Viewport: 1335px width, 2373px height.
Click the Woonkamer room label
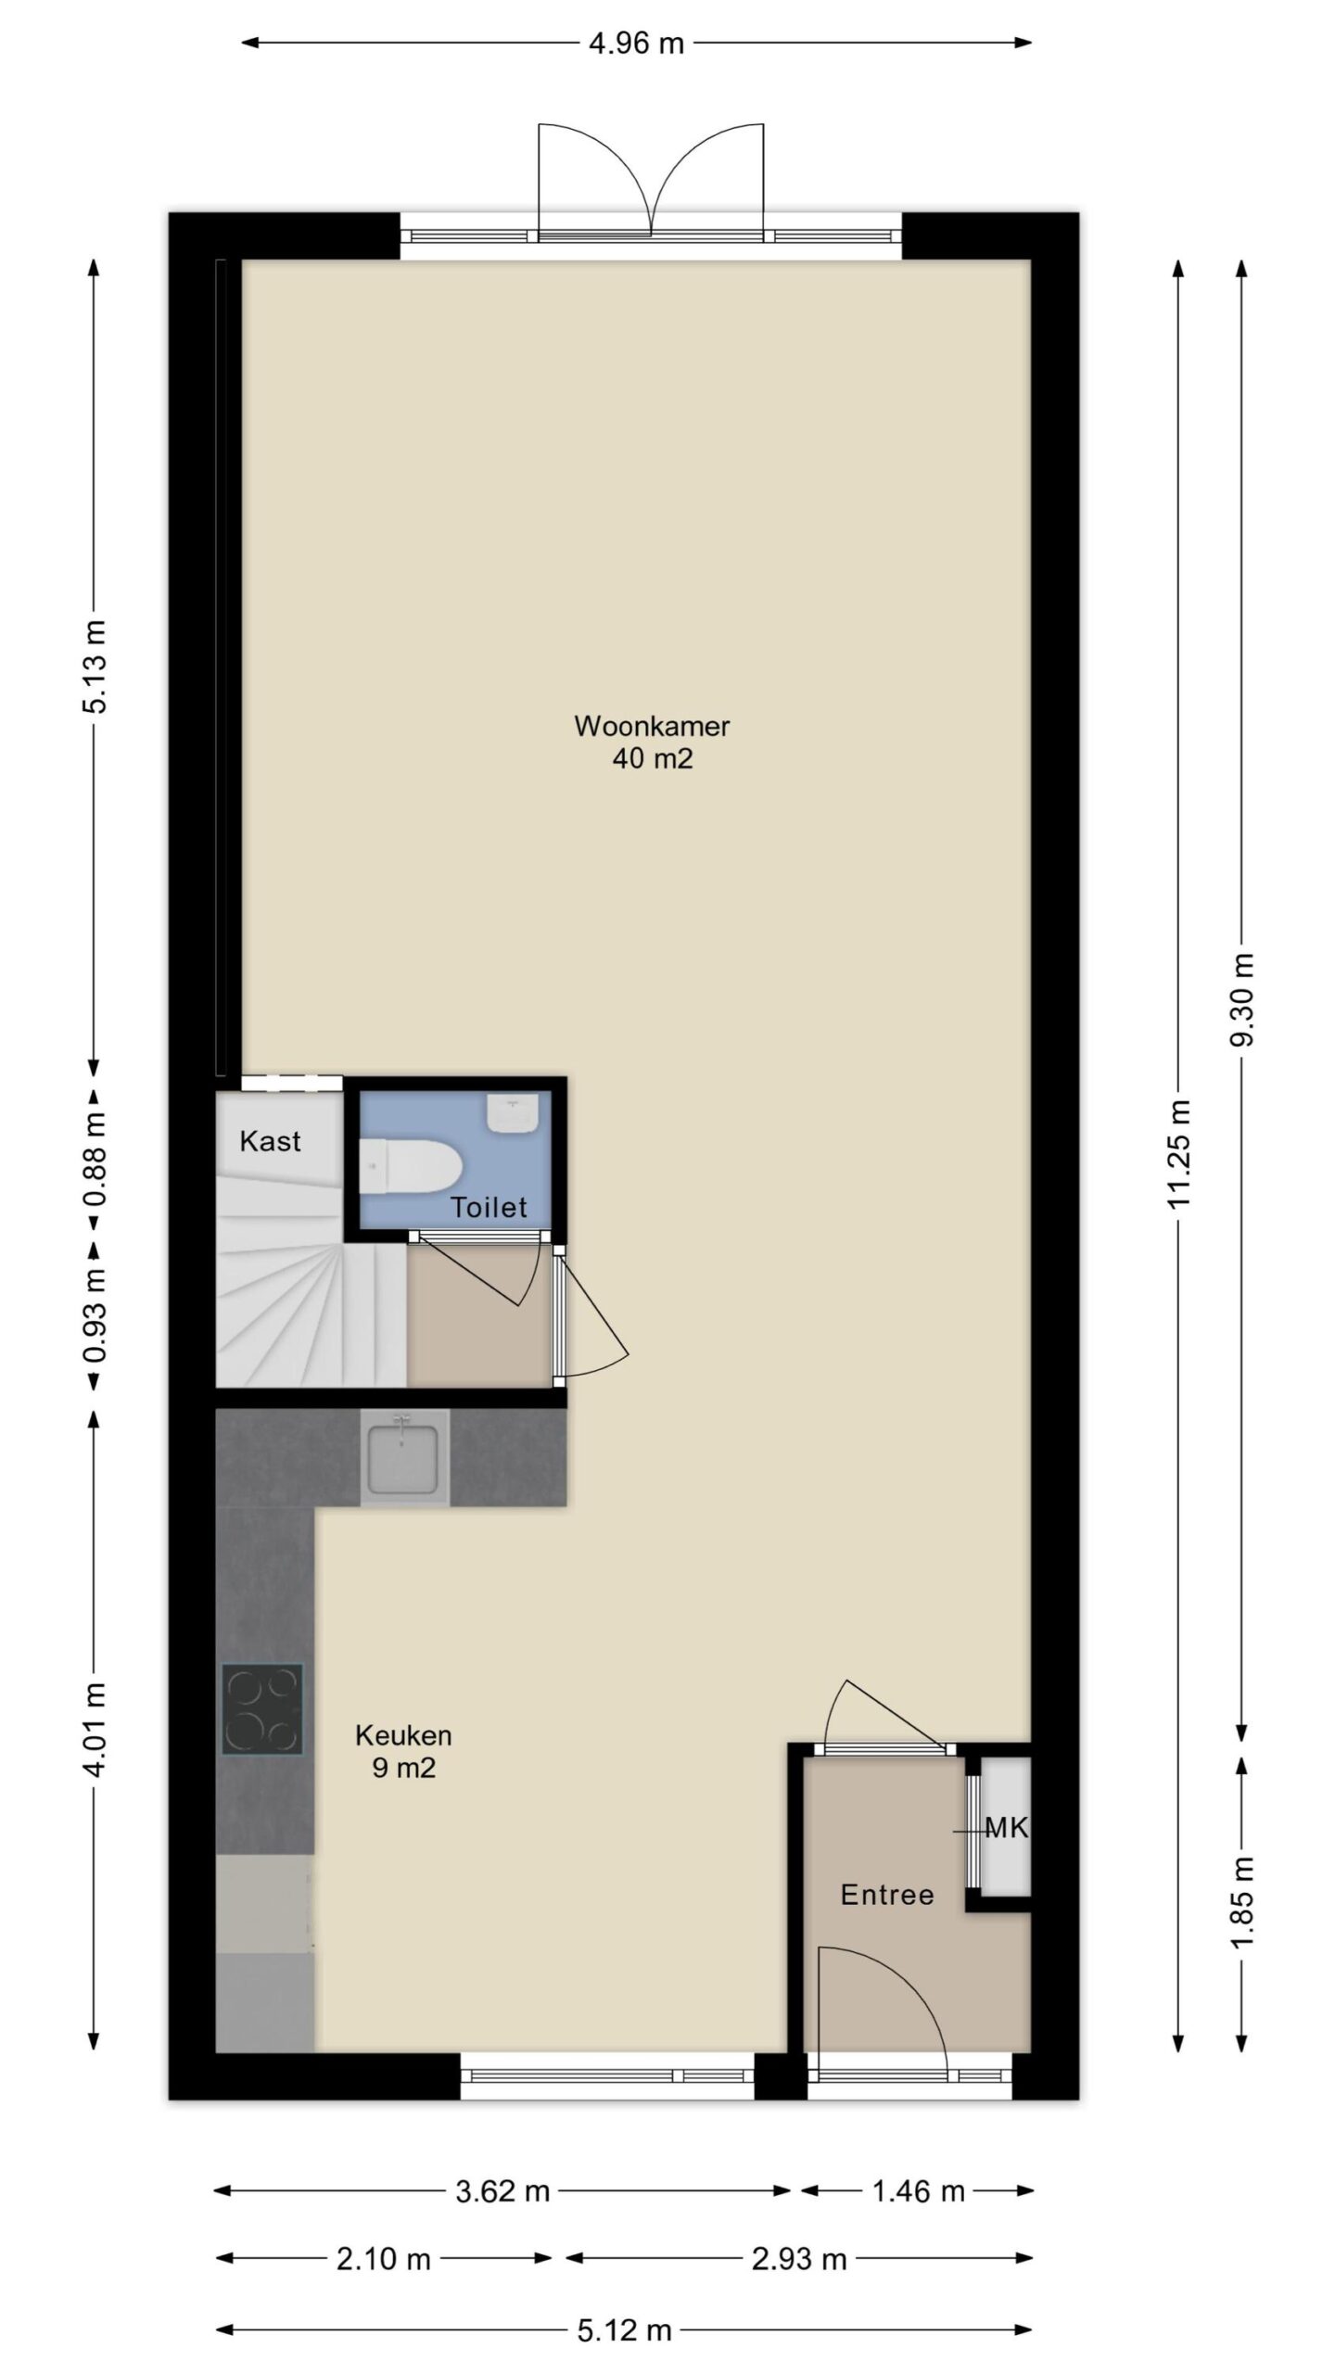[x=652, y=726]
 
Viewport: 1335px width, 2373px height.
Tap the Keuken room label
[x=403, y=1735]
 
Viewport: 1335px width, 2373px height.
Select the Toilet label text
[x=489, y=1207]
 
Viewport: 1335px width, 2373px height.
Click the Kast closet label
[x=270, y=1141]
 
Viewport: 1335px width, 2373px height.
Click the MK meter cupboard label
[x=1006, y=1828]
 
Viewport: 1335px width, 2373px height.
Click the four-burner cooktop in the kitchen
[x=262, y=1709]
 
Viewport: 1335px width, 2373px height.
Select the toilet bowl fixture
[x=410, y=1167]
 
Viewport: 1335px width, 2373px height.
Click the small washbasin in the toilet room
[x=513, y=1112]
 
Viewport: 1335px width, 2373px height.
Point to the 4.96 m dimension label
[x=636, y=43]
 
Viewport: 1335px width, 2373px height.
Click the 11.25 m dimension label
[x=1179, y=1155]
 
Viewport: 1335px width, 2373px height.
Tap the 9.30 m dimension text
[x=1242, y=999]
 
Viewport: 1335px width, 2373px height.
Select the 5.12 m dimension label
[x=624, y=2328]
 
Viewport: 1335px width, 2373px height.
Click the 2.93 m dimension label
[x=799, y=2259]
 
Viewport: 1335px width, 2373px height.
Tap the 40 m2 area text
[x=653, y=759]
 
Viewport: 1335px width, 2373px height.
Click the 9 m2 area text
[x=404, y=1768]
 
